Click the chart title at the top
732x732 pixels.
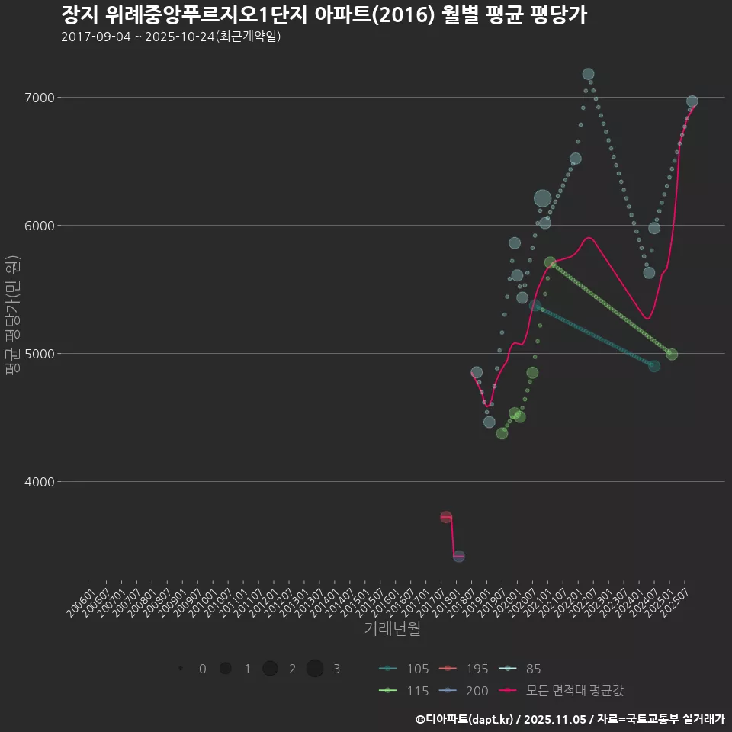[323, 15]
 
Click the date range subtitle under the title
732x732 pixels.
[171, 37]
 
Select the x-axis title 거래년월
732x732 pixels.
[392, 628]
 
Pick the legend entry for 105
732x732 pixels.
[404, 669]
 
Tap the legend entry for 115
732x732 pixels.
[404, 690]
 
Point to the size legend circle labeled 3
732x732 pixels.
[315, 669]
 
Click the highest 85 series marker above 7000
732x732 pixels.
[588, 74]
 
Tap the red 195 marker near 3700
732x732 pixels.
[446, 517]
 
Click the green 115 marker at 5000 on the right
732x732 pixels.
[672, 354]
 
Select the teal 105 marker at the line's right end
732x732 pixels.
[654, 366]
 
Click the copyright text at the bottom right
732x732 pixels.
[570, 719]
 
